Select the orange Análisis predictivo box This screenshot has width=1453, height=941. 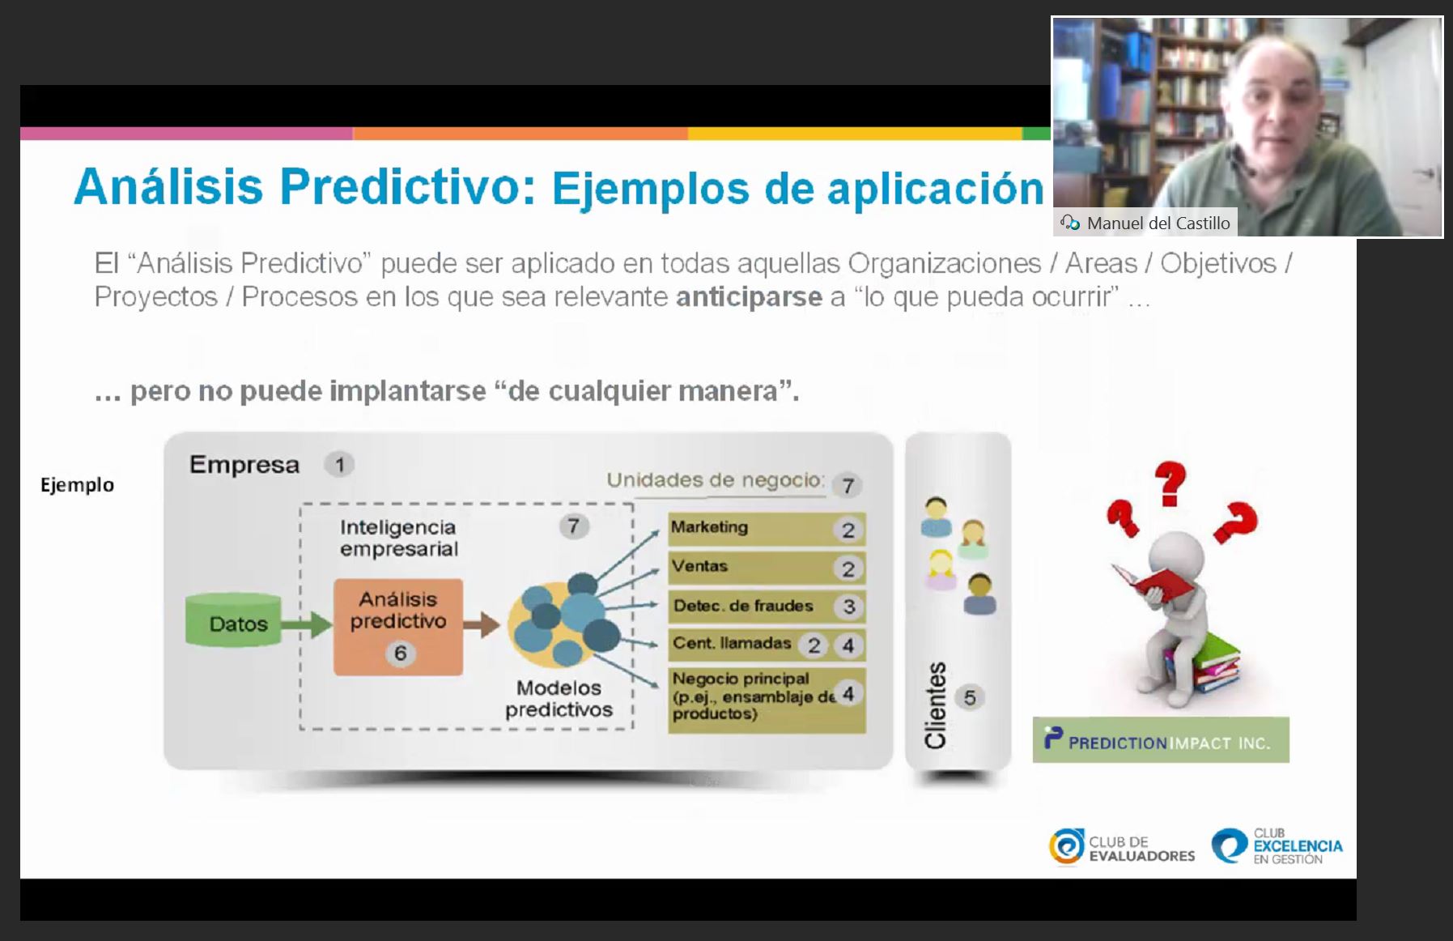pyautogui.click(x=398, y=627)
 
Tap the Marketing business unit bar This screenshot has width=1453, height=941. pyautogui.click(x=767, y=529)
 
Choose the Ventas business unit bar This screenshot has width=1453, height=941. pyautogui.click(x=767, y=568)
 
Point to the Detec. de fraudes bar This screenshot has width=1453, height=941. pyautogui.click(x=767, y=606)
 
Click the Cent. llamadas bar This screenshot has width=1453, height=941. pyautogui.click(x=767, y=645)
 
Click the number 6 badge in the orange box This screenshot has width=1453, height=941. pyautogui.click(x=400, y=654)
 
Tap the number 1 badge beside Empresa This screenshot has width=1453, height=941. pyautogui.click(x=340, y=465)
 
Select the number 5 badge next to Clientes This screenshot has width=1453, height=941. pyautogui.click(x=970, y=697)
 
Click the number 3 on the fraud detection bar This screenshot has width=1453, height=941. pyautogui.click(x=849, y=607)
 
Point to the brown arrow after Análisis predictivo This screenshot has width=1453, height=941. pyautogui.click(x=481, y=624)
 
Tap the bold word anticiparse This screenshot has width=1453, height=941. pyautogui.click(x=749, y=297)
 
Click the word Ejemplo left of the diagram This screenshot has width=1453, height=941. pyautogui.click(x=77, y=485)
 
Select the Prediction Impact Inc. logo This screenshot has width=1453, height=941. pyautogui.click(x=1161, y=740)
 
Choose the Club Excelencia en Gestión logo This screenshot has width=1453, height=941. pyautogui.click(x=1277, y=846)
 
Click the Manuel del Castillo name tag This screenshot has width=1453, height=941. pyautogui.click(x=1145, y=223)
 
